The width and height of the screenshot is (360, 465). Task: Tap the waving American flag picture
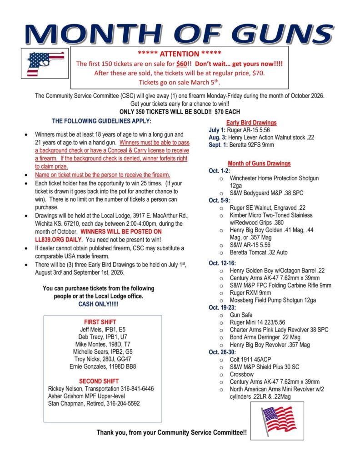278,420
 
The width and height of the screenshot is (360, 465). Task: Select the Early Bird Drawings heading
251,123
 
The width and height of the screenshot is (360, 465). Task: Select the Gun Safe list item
241,315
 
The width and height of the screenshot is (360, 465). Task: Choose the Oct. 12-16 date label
221,263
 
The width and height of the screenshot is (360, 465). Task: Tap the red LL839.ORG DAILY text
59,239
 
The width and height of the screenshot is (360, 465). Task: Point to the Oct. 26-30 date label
221,352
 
